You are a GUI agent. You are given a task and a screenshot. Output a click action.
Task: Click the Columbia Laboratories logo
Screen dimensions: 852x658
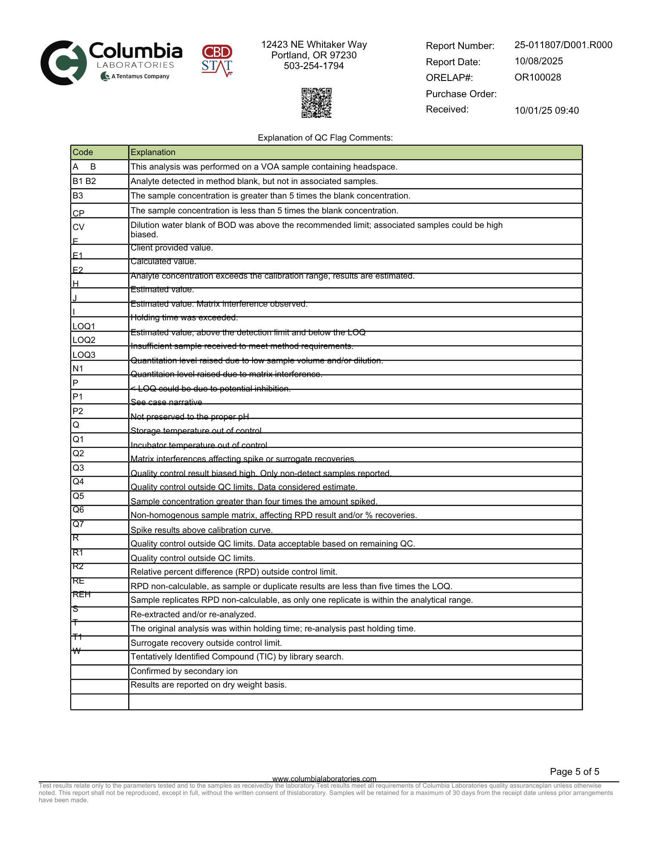point(112,63)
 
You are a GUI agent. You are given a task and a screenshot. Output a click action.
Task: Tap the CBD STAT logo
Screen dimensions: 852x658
point(217,61)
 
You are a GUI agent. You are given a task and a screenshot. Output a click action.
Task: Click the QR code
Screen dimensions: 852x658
point(316,103)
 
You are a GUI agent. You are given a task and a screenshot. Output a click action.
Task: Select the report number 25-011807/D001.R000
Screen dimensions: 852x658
point(563,45)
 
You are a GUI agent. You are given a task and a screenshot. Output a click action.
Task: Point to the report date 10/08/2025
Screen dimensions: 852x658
point(539,61)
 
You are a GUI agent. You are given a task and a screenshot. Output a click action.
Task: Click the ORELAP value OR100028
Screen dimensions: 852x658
point(538,78)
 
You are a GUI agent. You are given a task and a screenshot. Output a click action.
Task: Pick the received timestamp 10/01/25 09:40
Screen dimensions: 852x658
point(546,110)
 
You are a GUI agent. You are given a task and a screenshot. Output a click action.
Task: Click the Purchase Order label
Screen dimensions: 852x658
point(461,94)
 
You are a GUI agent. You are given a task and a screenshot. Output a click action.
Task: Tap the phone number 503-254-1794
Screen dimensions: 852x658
point(314,66)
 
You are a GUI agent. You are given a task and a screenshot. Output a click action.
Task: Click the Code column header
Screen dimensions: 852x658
point(83,153)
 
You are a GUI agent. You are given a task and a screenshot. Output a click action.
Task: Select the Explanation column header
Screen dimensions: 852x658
point(153,153)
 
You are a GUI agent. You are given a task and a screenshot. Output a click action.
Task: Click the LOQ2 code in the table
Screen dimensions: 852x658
point(84,340)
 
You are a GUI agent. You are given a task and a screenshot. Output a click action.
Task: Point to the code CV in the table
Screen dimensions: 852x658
point(79,227)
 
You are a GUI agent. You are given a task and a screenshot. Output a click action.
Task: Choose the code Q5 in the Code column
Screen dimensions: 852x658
point(78,496)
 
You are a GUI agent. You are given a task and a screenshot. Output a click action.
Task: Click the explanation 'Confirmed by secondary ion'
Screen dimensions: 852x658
point(184,671)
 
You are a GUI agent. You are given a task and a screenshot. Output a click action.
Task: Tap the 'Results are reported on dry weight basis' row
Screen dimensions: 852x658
point(209,685)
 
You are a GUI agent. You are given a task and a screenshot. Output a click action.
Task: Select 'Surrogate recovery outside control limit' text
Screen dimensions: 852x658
point(206,643)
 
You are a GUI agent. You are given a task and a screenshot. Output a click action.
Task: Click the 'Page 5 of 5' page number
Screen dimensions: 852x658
point(574,771)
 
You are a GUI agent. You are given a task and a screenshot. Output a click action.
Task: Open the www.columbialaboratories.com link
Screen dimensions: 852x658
point(324,778)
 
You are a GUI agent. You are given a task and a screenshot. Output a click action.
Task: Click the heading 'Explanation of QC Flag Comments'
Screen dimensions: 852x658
point(325,138)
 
